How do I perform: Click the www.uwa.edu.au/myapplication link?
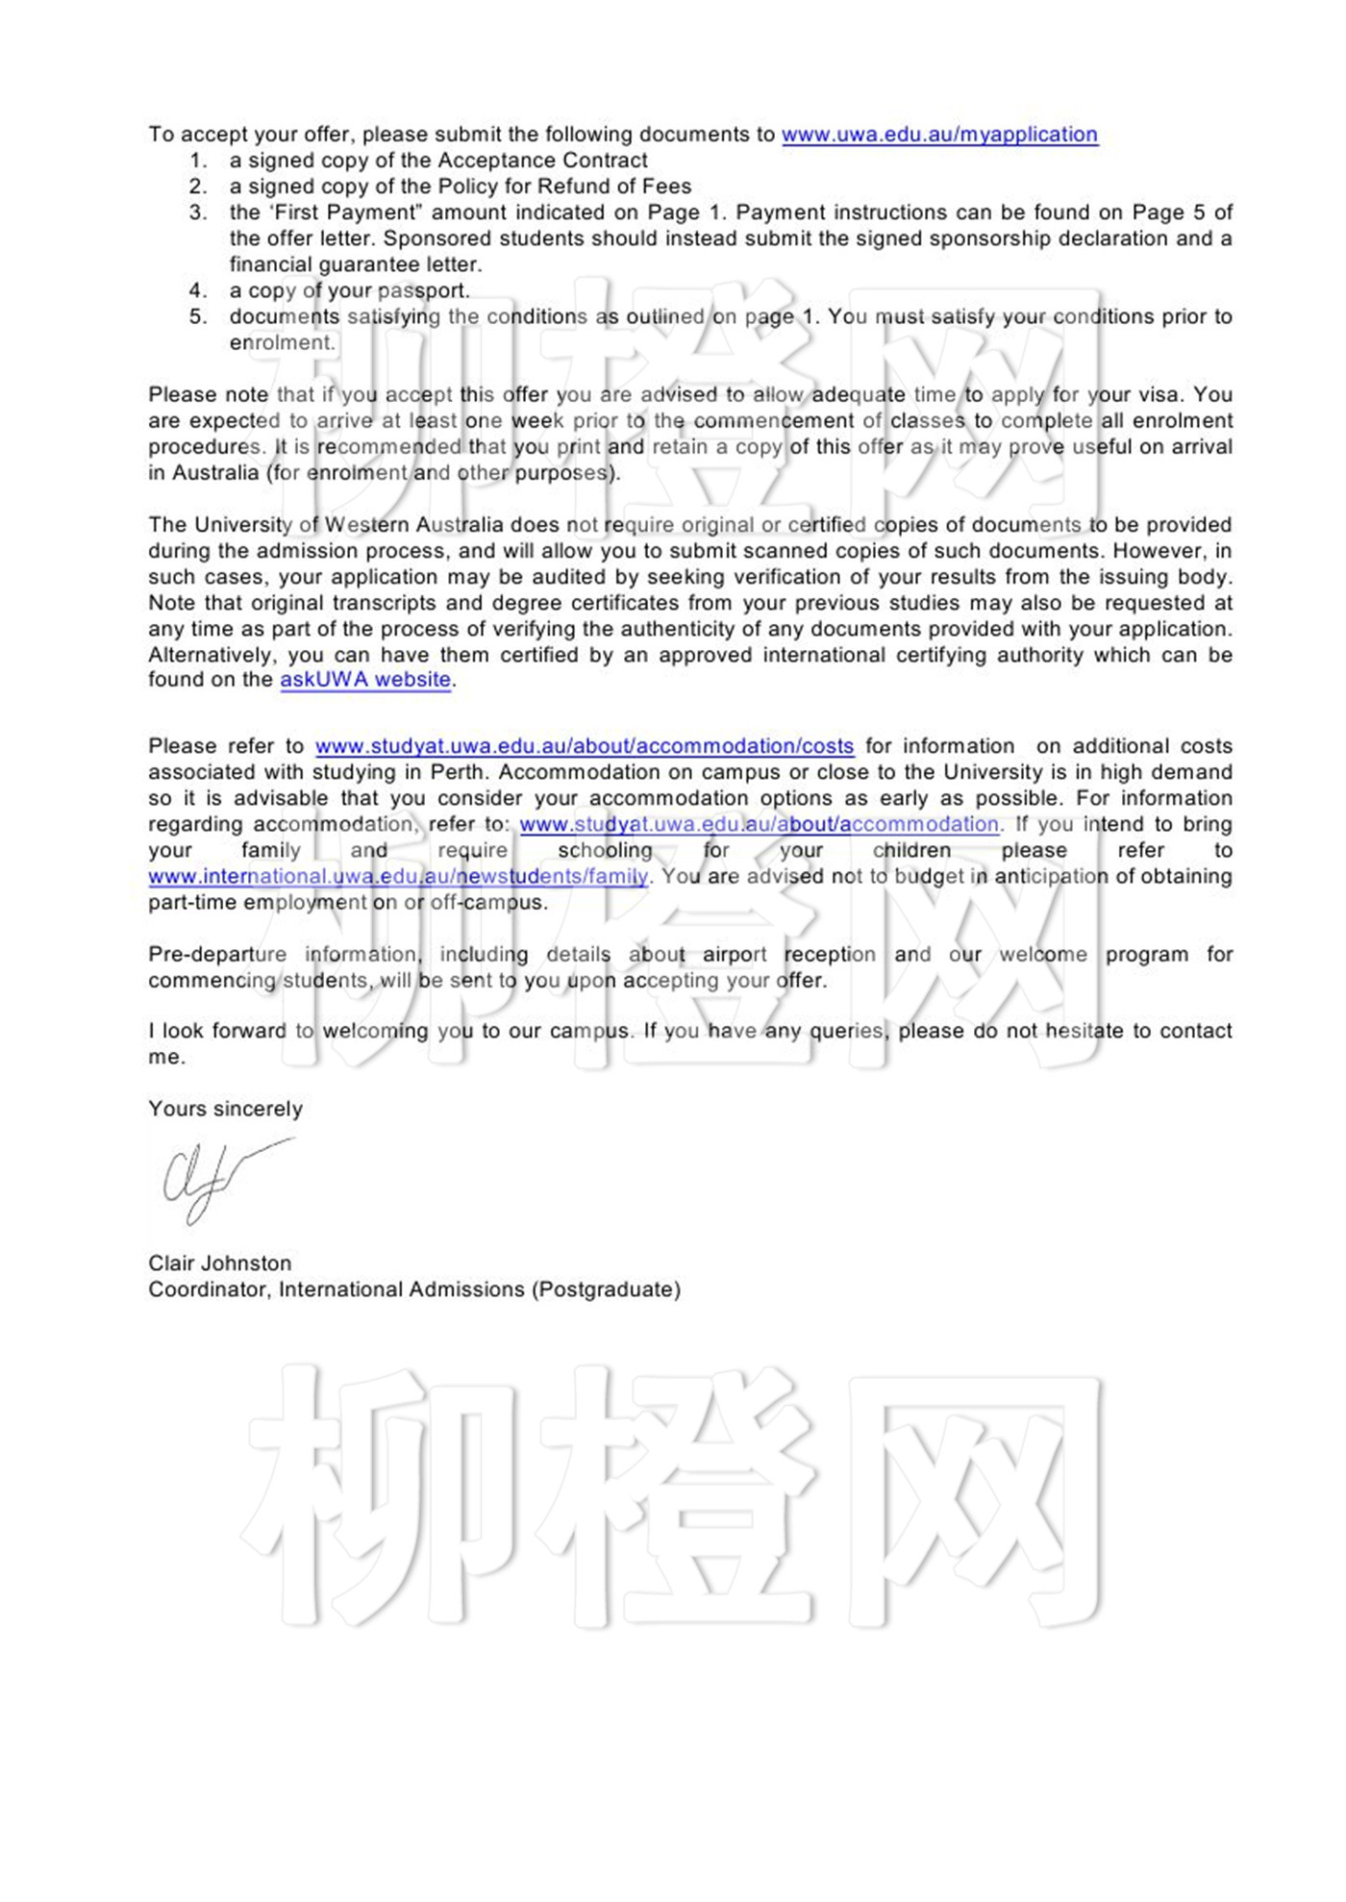[939, 135]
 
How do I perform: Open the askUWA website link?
[365, 680]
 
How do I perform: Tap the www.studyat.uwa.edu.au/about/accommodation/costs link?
[585, 746]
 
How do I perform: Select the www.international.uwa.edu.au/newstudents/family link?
[398, 877]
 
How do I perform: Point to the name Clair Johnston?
[219, 1264]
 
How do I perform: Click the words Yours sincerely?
[225, 1109]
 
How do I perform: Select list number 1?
[197, 161]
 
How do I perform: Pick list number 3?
[197, 213]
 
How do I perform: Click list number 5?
[197, 316]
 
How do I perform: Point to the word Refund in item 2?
[568, 187]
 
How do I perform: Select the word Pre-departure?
[217, 955]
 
